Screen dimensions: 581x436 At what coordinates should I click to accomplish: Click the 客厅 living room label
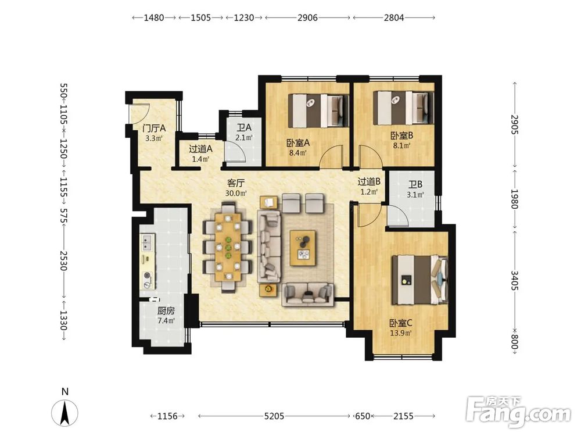(x=236, y=183)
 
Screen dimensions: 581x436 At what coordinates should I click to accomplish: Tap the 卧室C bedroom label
(x=400, y=323)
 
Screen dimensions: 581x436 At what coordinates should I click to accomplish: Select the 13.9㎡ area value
(x=400, y=333)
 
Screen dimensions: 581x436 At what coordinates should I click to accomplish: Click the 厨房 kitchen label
(x=166, y=310)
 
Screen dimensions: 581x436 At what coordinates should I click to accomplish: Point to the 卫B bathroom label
(x=415, y=184)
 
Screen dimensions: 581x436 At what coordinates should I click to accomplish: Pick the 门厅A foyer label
(x=154, y=128)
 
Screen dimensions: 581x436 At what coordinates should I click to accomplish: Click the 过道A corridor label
(x=200, y=149)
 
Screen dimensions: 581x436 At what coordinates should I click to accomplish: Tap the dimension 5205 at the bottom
(x=274, y=416)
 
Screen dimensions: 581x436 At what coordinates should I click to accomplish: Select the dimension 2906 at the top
(x=307, y=17)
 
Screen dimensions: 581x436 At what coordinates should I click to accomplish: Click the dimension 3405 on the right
(x=514, y=281)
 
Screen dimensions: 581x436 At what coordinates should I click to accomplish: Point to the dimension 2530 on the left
(x=63, y=261)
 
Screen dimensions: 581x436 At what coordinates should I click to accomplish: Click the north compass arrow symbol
(x=64, y=413)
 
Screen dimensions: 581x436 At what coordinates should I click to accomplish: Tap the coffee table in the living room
(x=303, y=248)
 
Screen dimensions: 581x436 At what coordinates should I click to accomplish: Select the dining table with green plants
(x=228, y=247)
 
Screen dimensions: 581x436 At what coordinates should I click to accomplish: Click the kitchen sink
(x=147, y=242)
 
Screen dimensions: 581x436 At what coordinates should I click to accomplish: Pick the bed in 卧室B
(x=403, y=108)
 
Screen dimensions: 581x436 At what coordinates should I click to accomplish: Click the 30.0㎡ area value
(x=236, y=193)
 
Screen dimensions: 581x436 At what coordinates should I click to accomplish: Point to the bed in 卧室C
(x=420, y=279)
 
